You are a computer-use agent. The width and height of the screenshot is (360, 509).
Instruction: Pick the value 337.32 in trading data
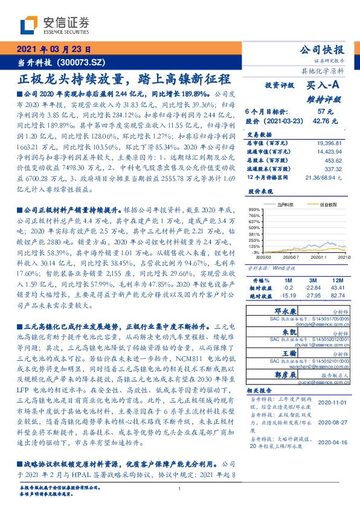click(x=333, y=170)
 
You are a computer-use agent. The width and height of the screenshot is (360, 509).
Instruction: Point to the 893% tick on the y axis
click(x=252, y=209)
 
